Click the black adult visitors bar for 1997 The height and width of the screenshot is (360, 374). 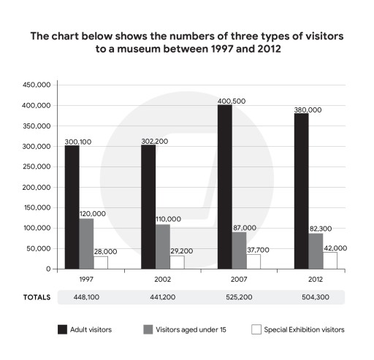72,207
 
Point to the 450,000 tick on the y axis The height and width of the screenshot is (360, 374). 36,85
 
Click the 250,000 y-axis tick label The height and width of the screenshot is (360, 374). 36,166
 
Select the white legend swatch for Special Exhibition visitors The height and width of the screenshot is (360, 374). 256,330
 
